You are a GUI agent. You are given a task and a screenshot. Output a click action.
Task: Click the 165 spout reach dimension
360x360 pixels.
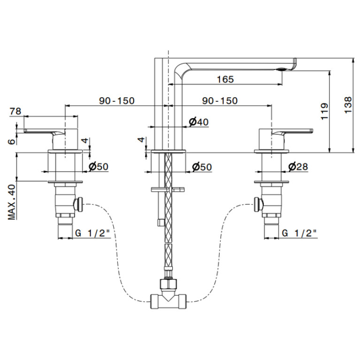(x=225, y=79)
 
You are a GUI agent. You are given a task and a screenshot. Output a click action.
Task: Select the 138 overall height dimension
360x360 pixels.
(x=348, y=105)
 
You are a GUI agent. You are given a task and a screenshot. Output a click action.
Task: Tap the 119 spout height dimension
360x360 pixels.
(x=324, y=111)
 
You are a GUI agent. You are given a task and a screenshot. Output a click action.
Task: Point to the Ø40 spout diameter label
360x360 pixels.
(x=199, y=122)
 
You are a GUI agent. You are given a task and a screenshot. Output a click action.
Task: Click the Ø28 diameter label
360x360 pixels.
(x=298, y=167)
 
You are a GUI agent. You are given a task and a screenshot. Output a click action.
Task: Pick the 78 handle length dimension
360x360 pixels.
(x=15, y=111)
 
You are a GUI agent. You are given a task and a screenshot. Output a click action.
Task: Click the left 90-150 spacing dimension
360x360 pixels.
(x=116, y=100)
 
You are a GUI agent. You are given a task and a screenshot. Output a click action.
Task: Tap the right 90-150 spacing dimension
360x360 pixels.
(x=220, y=100)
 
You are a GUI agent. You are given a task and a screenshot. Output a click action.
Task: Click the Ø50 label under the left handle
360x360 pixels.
(x=98, y=167)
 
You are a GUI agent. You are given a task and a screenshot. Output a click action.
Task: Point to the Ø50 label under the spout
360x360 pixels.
(x=202, y=167)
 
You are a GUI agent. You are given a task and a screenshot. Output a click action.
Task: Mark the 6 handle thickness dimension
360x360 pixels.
(x=12, y=141)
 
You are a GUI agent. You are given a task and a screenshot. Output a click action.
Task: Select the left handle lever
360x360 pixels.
(x=44, y=131)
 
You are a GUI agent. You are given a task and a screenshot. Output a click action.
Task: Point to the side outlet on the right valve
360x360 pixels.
(x=259, y=204)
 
